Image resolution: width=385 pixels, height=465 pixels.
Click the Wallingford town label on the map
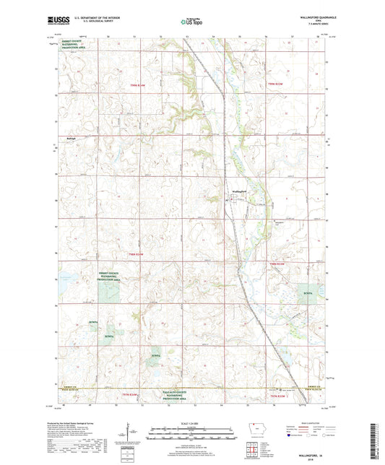point(240,191)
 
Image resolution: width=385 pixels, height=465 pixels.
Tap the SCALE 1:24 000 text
point(192,422)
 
